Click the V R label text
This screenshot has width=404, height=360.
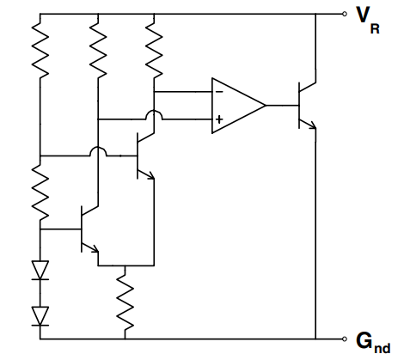368,19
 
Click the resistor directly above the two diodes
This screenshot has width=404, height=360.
40,192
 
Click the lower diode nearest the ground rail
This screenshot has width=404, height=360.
40,315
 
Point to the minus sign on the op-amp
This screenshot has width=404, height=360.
219,90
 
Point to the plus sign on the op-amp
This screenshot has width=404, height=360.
219,120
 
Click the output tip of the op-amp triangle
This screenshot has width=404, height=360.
265,105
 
